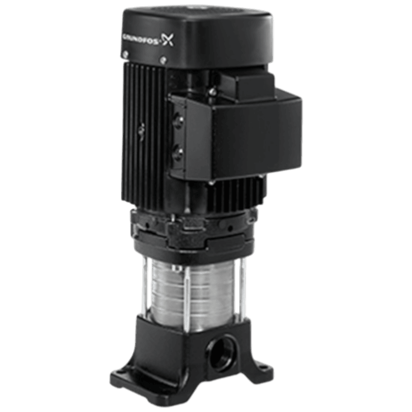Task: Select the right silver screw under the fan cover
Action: [x=164, y=59]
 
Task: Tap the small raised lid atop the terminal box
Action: [x=247, y=84]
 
